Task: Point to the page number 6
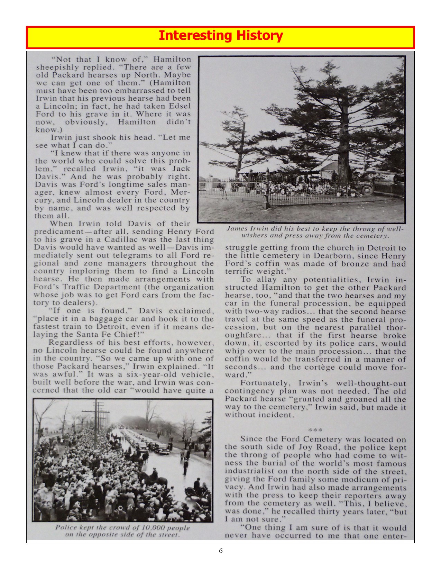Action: click(221, 551)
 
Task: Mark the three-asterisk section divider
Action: click(315, 430)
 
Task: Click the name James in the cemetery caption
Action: click(237, 229)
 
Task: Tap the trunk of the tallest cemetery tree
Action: click(343, 138)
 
